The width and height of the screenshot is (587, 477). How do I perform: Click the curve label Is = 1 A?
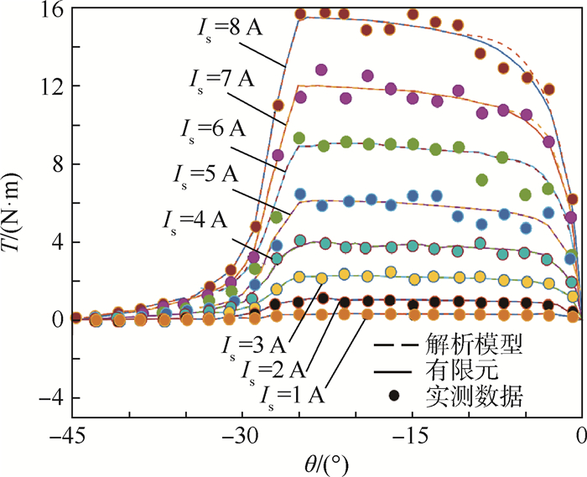click(x=294, y=392)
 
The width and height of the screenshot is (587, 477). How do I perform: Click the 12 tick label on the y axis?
click(x=49, y=86)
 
